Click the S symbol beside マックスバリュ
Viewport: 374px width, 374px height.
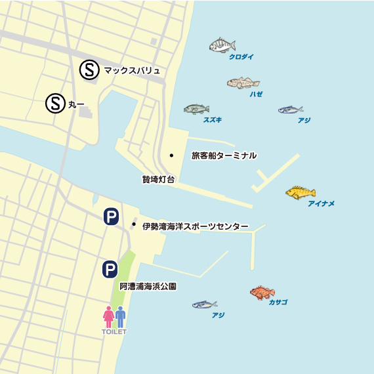pos(89,70)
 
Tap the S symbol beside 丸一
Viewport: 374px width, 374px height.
pos(55,103)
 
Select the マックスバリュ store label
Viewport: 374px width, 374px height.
pos(132,70)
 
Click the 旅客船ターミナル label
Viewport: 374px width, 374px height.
pos(224,156)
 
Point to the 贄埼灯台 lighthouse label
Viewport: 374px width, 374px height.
pos(158,179)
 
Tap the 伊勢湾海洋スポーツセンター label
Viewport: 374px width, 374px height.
pos(196,226)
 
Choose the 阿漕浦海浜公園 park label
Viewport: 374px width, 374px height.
pos(148,287)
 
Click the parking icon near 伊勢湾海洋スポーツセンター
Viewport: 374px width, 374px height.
pos(110,217)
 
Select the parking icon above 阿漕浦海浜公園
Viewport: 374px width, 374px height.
pos(110,269)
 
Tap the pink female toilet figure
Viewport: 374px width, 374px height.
pos(108,317)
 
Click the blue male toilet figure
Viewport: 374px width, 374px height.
pos(120,317)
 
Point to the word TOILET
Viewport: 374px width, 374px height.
pos(114,332)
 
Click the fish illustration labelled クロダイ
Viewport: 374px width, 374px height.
pos(222,45)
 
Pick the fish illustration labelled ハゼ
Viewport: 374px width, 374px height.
pos(243,83)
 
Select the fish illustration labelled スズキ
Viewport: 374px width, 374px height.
pos(196,109)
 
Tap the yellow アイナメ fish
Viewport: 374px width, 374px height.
pos(300,192)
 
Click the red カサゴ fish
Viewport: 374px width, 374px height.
pos(262,293)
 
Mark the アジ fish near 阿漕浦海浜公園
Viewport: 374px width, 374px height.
pos(205,304)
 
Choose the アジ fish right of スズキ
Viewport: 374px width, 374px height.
pos(290,110)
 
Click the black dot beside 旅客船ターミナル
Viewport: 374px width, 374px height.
pos(171,156)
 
